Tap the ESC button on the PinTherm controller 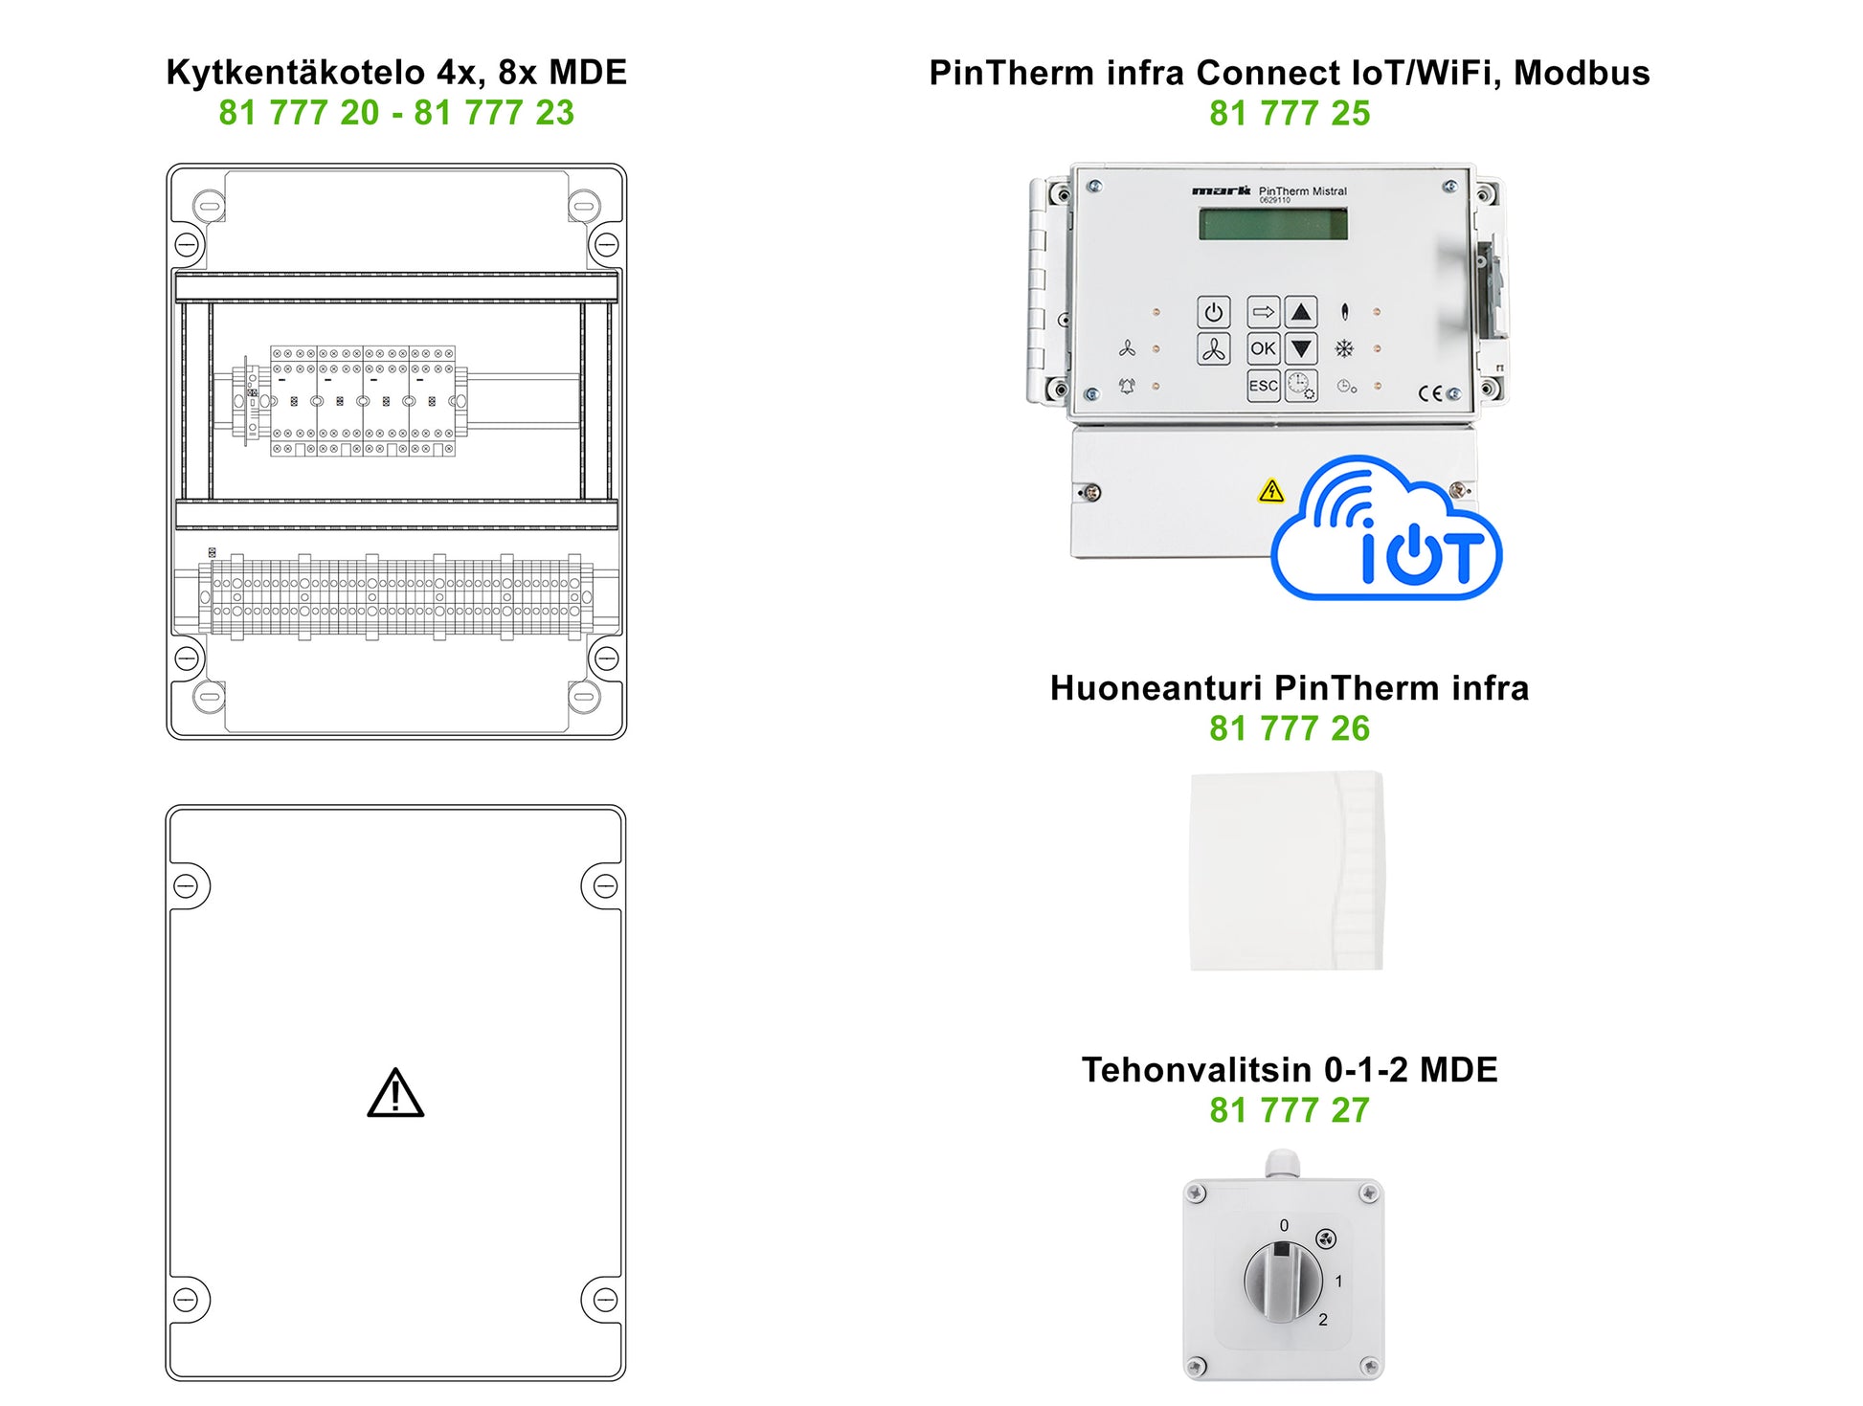click(1263, 386)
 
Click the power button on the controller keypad click(1213, 312)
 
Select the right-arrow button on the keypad click(1263, 312)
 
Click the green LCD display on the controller click(1273, 224)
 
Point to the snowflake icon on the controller click(1344, 348)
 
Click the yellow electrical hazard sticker click(1270, 491)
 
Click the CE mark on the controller click(1430, 393)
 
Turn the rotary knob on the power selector click(1283, 1278)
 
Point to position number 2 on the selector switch click(1323, 1319)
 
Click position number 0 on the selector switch click(1284, 1225)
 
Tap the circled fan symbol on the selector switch click(1326, 1239)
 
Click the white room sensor click(1287, 870)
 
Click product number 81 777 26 click(1289, 728)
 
